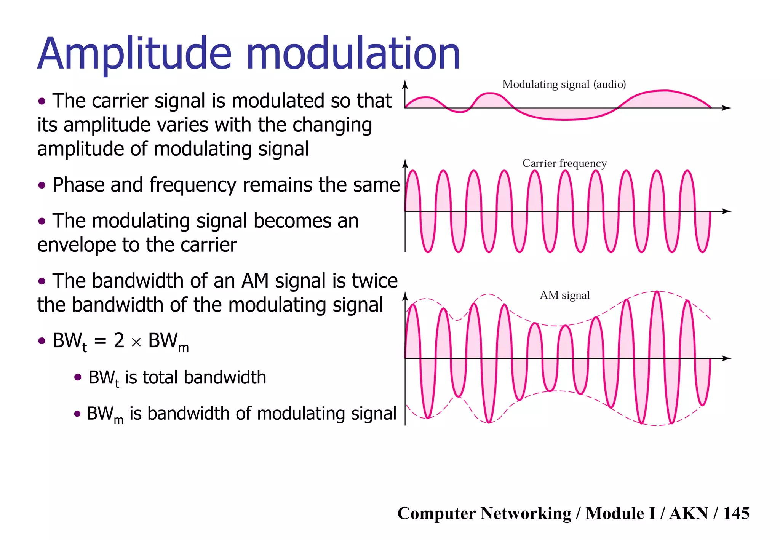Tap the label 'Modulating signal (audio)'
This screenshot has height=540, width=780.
(x=564, y=84)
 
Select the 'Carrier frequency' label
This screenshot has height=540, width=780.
(x=564, y=163)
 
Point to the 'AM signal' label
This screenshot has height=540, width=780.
(x=564, y=295)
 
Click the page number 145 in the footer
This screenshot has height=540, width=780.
(x=736, y=513)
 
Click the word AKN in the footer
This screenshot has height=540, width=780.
(x=689, y=513)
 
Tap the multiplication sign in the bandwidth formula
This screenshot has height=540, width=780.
(x=136, y=342)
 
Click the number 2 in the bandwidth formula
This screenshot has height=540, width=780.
(x=119, y=340)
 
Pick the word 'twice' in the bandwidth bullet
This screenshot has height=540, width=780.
(x=375, y=281)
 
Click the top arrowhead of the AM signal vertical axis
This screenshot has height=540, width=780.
(x=405, y=296)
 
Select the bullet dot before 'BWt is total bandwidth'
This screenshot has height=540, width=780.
(x=78, y=377)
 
